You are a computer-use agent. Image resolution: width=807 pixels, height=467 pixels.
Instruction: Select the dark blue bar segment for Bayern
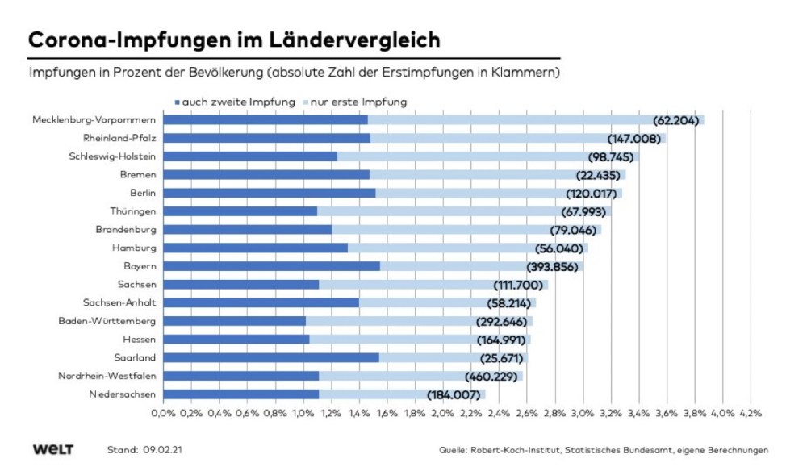pyautogui.click(x=271, y=266)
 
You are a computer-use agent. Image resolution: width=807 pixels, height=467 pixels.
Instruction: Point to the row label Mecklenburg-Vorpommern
pyautogui.click(x=94, y=120)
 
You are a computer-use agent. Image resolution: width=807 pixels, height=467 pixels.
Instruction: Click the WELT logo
pyautogui.click(x=53, y=449)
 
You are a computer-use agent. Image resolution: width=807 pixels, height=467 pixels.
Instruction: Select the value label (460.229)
pyautogui.click(x=490, y=376)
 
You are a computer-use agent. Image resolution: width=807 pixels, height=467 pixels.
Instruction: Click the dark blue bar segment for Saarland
pyautogui.click(x=271, y=357)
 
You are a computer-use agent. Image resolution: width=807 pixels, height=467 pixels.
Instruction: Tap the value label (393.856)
pyautogui.click(x=553, y=266)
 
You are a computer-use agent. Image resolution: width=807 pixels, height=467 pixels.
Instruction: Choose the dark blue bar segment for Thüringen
pyautogui.click(x=240, y=211)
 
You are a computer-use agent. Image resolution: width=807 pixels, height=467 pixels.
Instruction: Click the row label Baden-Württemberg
pyautogui.click(x=109, y=321)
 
